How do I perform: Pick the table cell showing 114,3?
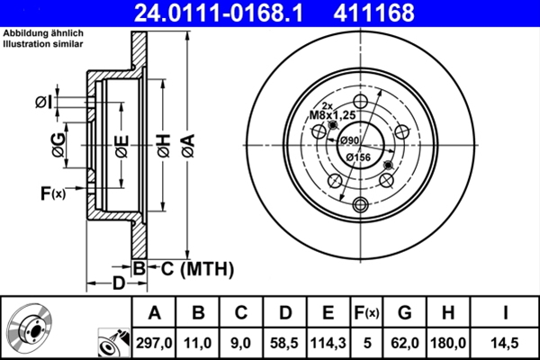click(328, 342)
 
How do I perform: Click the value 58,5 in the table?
click(284, 342)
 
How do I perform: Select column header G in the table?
click(404, 313)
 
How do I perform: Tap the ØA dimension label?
click(186, 145)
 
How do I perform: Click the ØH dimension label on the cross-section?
click(163, 145)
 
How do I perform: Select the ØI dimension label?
click(42, 103)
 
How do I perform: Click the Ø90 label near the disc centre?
click(348, 140)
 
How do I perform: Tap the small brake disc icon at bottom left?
click(30, 328)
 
